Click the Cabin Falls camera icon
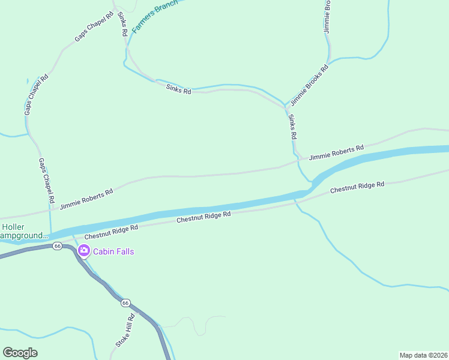[84, 251]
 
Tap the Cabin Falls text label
[113, 251]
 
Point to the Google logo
[20, 353]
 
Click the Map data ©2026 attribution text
[423, 355]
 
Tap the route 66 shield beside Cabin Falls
[57, 246]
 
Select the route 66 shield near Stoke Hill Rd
[125, 303]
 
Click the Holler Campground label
[24, 232]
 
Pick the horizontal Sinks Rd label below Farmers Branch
[178, 89]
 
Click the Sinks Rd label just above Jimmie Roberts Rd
[292, 127]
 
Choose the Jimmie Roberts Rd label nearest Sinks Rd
[336, 152]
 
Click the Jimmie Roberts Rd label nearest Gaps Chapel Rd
[86, 200]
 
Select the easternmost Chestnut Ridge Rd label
[357, 188]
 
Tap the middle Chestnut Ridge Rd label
[203, 217]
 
